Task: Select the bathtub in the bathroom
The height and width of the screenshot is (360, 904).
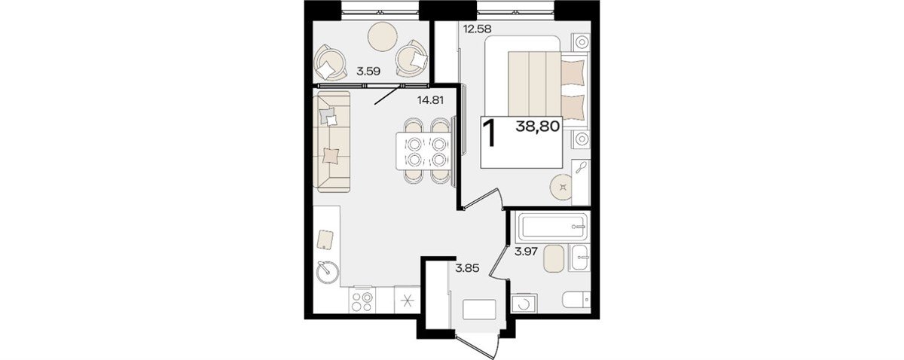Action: point(551,227)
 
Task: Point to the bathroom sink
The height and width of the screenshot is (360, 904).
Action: point(579,258)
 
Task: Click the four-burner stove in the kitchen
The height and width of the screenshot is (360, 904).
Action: point(79,301)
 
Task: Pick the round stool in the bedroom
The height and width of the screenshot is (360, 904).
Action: point(561,187)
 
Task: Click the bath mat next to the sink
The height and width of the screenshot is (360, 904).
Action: point(554,258)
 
